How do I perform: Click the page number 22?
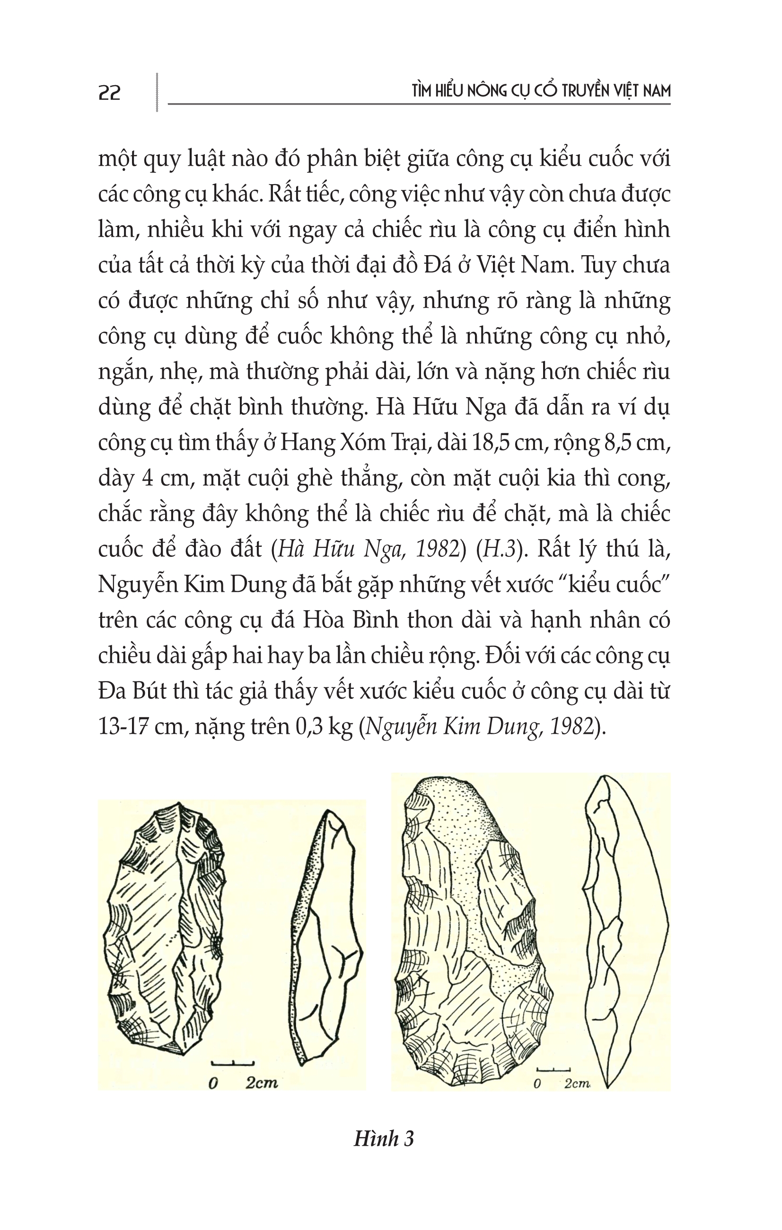pos(109,93)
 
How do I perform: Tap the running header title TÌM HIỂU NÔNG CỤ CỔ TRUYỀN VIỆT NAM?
pos(541,91)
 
